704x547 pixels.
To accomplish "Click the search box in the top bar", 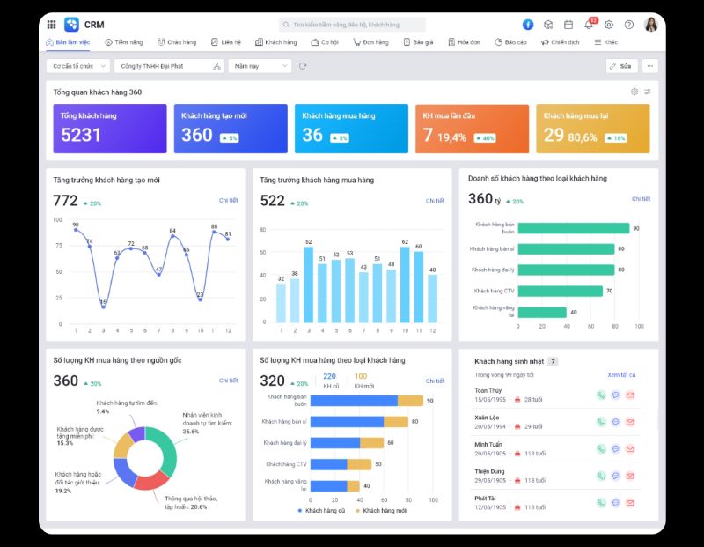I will (352, 25).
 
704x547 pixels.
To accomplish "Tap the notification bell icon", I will (589, 25).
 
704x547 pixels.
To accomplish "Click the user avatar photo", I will (651, 25).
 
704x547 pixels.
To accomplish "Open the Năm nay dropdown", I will (260, 66).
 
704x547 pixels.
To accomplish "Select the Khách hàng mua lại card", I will (592, 129).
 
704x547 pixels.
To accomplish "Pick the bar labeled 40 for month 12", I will (432, 298).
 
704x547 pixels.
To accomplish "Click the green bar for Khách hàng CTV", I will (561, 291).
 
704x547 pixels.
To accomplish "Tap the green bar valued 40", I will (542, 312).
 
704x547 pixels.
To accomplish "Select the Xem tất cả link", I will (620, 375).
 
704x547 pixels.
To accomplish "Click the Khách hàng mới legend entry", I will (382, 511).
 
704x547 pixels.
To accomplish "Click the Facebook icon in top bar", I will (528, 25).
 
